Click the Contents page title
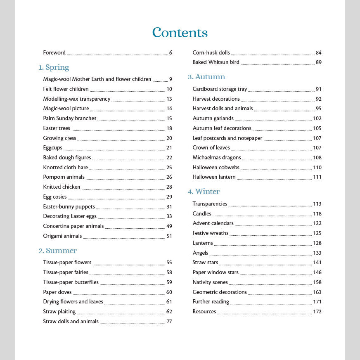click(180, 33)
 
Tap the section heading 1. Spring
click(54, 67)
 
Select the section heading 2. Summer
click(58, 251)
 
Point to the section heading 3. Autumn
click(206, 77)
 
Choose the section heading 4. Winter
click(204, 192)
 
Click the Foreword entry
click(54, 53)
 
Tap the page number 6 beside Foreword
click(171, 53)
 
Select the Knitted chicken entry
click(62, 187)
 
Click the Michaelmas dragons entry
click(217, 158)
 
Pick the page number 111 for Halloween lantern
click(317, 177)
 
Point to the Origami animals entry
click(62, 236)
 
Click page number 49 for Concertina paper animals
click(169, 226)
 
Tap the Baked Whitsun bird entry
click(216, 62)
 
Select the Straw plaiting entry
click(59, 312)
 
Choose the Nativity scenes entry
click(210, 282)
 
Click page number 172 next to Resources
click(317, 312)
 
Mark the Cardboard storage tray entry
click(220, 89)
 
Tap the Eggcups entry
click(53, 148)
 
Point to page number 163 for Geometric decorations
click(317, 292)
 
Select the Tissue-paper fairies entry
click(66, 272)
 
